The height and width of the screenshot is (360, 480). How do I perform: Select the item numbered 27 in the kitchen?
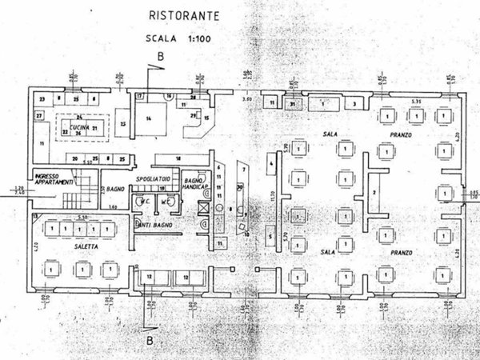[x=38, y=115]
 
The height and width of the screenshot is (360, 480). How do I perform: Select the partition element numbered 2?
[x=374, y=194]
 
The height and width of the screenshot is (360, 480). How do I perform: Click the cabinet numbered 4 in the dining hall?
[x=271, y=165]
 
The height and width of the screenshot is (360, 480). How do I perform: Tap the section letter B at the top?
[x=160, y=55]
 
